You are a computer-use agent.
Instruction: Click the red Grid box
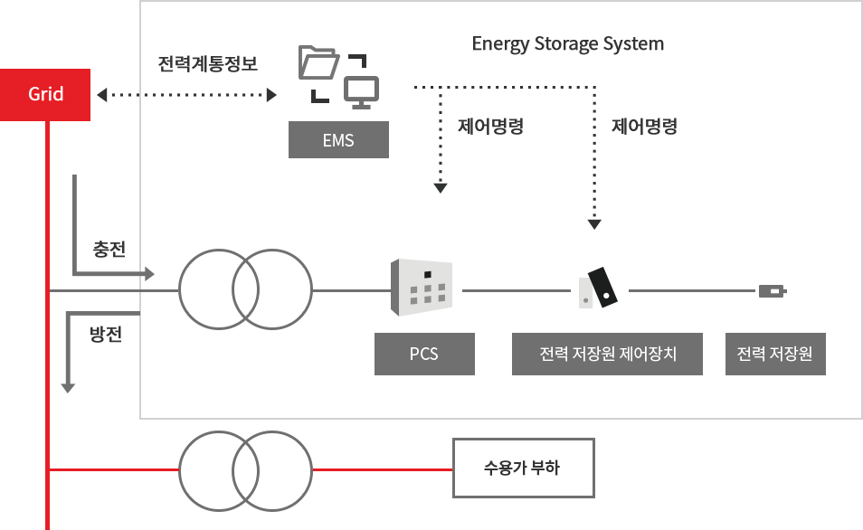pos(46,94)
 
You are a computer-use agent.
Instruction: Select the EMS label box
pos(338,140)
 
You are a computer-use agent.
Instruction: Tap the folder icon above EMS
pos(318,64)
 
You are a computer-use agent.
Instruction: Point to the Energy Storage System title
pos(567,43)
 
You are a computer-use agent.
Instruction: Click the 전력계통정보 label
pos(208,64)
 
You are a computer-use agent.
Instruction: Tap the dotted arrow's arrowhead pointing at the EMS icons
pos(270,94)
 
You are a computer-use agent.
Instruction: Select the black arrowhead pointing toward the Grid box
pos(102,94)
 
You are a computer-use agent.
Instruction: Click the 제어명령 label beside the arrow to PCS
pos(491,127)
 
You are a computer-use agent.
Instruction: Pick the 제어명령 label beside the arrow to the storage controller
pos(644,127)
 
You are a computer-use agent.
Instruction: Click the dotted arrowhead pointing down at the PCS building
pos(441,188)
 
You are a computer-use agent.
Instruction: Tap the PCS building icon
pos(421,288)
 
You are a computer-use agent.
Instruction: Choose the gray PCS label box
pos(424,354)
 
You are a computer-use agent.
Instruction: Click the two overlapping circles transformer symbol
pos(246,290)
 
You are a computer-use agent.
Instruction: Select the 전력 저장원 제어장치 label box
pos(607,354)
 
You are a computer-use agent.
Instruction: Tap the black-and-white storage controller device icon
pos(598,288)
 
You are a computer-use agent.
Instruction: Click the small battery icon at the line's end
pos(772,291)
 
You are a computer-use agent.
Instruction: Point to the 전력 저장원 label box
pos(775,354)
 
